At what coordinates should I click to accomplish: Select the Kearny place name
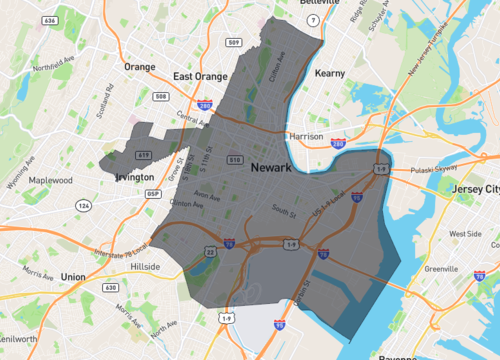[329, 74]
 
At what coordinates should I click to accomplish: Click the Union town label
[72, 275]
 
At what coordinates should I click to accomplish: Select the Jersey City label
[467, 189]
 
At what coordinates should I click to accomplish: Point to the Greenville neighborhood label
[441, 267]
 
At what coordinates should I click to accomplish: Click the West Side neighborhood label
[464, 234]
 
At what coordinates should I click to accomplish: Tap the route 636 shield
[50, 21]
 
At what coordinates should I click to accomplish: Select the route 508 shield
[162, 96]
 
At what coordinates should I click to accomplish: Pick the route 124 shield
[85, 206]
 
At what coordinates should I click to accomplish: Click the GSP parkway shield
[151, 193]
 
